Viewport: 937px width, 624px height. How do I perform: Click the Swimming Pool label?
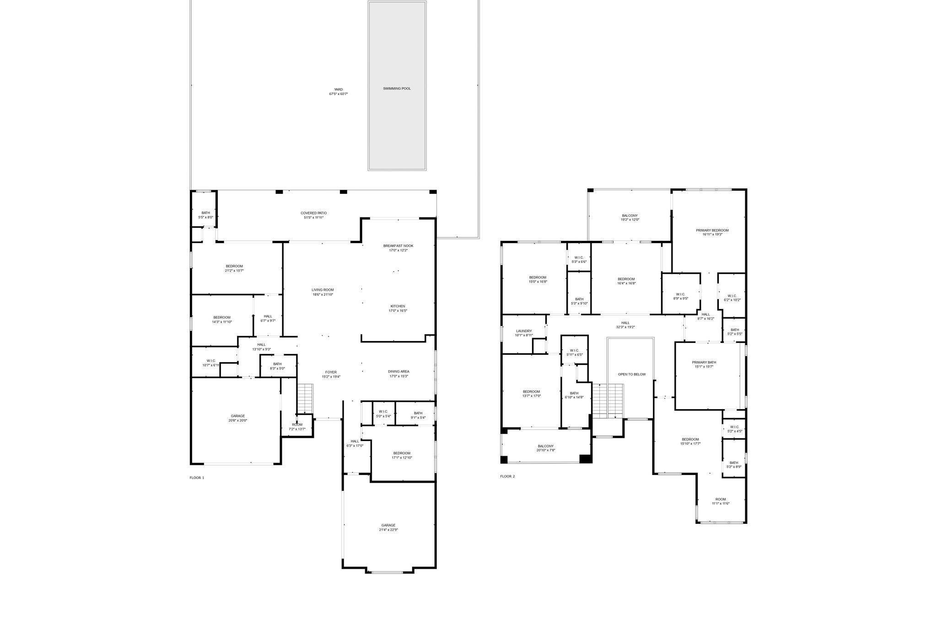pos(397,88)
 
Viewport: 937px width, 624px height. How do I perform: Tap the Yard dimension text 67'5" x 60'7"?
pos(339,94)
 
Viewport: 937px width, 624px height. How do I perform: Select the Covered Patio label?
pos(313,213)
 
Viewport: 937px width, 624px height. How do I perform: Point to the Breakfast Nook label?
pos(398,246)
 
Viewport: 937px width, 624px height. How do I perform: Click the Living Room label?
pos(323,290)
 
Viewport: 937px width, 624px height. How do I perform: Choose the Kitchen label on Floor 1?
pos(398,306)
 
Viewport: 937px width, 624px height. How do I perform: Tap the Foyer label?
pos(331,372)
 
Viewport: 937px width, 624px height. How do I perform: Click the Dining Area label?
pos(398,372)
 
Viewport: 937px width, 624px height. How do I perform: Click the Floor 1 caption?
pos(197,478)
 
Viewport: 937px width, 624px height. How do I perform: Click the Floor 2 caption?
pos(507,476)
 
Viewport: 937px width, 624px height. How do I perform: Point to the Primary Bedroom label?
pos(712,230)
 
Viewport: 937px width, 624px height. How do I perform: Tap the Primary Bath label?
pos(704,363)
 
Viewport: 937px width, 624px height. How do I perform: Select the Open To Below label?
pos(632,374)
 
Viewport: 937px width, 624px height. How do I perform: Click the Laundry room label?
pos(524,331)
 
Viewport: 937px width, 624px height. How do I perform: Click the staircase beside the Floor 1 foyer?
pos(305,399)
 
